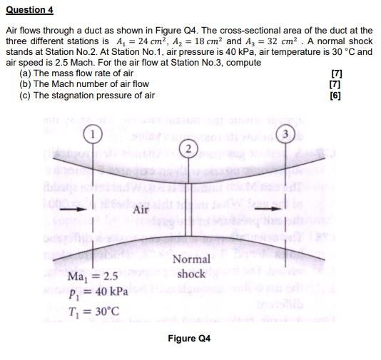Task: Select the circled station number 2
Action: [x=187, y=150]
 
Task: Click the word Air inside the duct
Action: [x=141, y=210]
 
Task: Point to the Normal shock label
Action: [x=191, y=267]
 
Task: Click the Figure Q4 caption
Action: [x=189, y=338]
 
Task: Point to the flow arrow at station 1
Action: [x=85, y=210]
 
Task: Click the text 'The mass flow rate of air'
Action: [x=83, y=73]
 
